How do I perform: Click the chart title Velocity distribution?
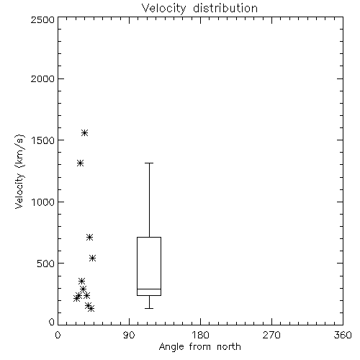point(199,9)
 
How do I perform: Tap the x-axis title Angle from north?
point(200,347)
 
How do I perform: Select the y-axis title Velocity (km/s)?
point(19,171)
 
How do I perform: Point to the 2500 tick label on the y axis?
point(42,19)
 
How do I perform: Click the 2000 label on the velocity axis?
point(42,78)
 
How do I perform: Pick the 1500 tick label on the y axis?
point(43,140)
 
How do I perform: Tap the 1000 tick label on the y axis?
point(43,202)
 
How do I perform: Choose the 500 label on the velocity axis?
point(46,264)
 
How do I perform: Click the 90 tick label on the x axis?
point(130,335)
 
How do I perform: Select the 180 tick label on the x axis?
point(200,335)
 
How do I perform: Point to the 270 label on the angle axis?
point(271,335)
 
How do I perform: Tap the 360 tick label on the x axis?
point(343,335)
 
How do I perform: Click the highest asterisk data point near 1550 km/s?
point(84,132)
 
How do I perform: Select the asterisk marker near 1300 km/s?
point(80,163)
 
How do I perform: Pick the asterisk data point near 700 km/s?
point(89,238)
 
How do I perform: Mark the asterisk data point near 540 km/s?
point(93,258)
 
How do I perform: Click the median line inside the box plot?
point(149,289)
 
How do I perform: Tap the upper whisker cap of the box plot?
point(149,163)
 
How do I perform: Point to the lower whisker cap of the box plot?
point(149,308)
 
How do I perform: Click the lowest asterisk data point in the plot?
point(91,308)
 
